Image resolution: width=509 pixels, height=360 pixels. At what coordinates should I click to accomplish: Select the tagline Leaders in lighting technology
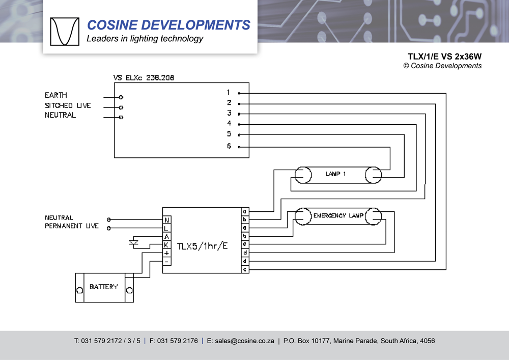[145, 39]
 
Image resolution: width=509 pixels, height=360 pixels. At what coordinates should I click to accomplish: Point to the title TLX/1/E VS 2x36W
[444, 56]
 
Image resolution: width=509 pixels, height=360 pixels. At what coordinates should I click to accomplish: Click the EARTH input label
[56, 95]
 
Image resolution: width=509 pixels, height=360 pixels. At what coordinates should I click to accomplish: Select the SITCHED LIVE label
[68, 105]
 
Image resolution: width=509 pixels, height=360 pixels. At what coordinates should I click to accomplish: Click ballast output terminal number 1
[229, 93]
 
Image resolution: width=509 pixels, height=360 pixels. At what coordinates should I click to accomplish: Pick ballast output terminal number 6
[229, 146]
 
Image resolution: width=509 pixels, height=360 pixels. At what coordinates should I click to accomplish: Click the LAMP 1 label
[336, 174]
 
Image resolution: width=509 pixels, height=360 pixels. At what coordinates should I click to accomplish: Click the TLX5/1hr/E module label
[202, 246]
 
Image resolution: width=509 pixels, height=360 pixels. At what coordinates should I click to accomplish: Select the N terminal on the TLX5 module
[166, 220]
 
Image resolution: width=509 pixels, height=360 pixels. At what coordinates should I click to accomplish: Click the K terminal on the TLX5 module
[166, 245]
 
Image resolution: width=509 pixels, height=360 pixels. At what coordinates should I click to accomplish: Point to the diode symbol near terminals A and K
[134, 243]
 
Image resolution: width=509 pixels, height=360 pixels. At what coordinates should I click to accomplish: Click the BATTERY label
[103, 287]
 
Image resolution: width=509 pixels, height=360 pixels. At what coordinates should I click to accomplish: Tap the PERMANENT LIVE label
[72, 226]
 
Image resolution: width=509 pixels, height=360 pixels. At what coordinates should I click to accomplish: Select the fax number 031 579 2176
[177, 341]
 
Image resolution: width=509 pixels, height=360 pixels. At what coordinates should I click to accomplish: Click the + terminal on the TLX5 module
[166, 253]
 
